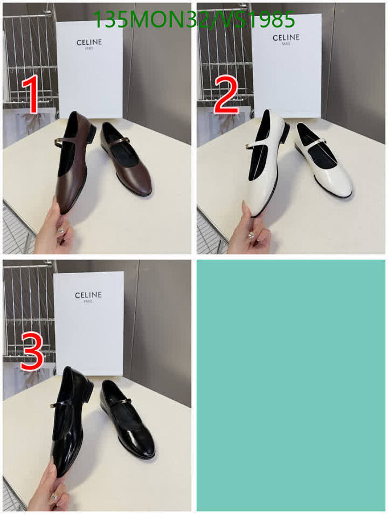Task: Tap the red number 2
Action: pos(226,97)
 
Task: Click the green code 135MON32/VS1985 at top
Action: pos(194,20)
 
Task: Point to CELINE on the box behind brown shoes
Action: pos(89,42)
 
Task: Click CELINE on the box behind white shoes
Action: pos(286,37)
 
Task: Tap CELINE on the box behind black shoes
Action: pos(88,295)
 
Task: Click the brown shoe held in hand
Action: pos(71,167)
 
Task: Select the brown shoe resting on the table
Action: pos(129,162)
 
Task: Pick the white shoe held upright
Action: pos(264,167)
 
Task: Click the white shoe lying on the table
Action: pos(326,164)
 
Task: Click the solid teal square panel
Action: pos(291,385)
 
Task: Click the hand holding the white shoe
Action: pos(248,233)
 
